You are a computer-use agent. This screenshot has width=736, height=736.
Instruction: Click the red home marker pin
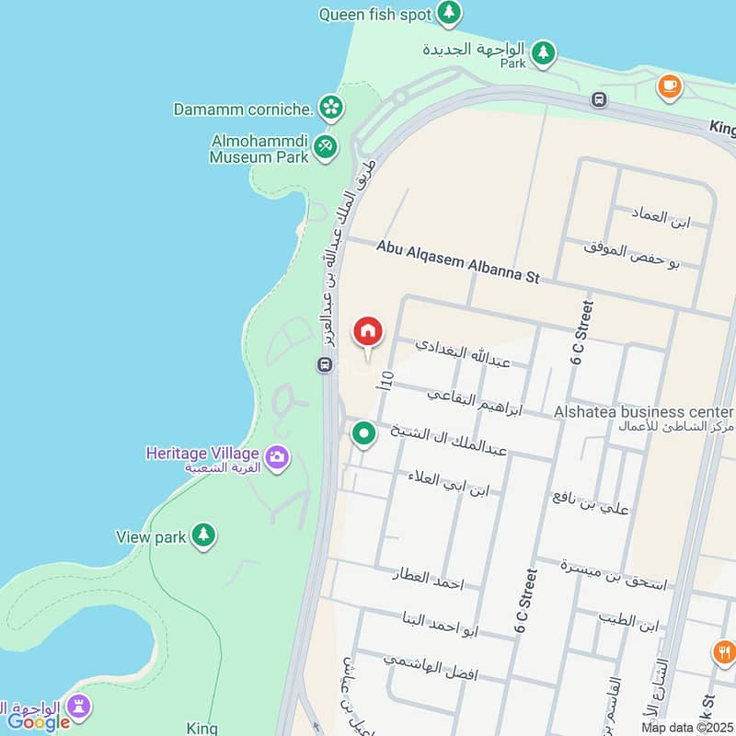click(x=367, y=331)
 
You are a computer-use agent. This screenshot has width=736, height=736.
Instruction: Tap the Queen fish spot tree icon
click(x=449, y=13)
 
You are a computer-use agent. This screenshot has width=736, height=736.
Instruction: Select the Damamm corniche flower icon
click(x=329, y=109)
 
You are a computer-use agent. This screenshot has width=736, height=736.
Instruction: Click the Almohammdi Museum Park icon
click(x=325, y=146)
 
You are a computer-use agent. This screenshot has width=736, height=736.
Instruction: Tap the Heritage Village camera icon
click(x=276, y=455)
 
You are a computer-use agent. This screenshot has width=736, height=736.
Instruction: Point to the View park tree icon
click(x=203, y=535)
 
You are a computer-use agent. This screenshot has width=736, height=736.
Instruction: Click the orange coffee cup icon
click(x=669, y=86)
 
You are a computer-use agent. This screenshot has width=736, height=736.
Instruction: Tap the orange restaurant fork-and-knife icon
click(x=724, y=652)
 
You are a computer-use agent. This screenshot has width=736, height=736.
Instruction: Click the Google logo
click(x=39, y=722)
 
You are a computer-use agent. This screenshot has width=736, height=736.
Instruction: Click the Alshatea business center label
click(x=643, y=412)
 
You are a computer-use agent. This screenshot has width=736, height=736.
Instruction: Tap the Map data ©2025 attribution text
click(x=687, y=728)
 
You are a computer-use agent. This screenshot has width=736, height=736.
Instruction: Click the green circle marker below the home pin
click(x=364, y=432)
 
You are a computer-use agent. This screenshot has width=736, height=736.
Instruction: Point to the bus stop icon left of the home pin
click(x=325, y=365)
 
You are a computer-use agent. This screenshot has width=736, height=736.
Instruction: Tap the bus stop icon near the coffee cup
click(x=599, y=99)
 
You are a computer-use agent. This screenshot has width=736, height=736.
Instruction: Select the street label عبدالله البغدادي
click(x=463, y=353)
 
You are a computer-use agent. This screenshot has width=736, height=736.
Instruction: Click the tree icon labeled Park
click(x=544, y=52)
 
